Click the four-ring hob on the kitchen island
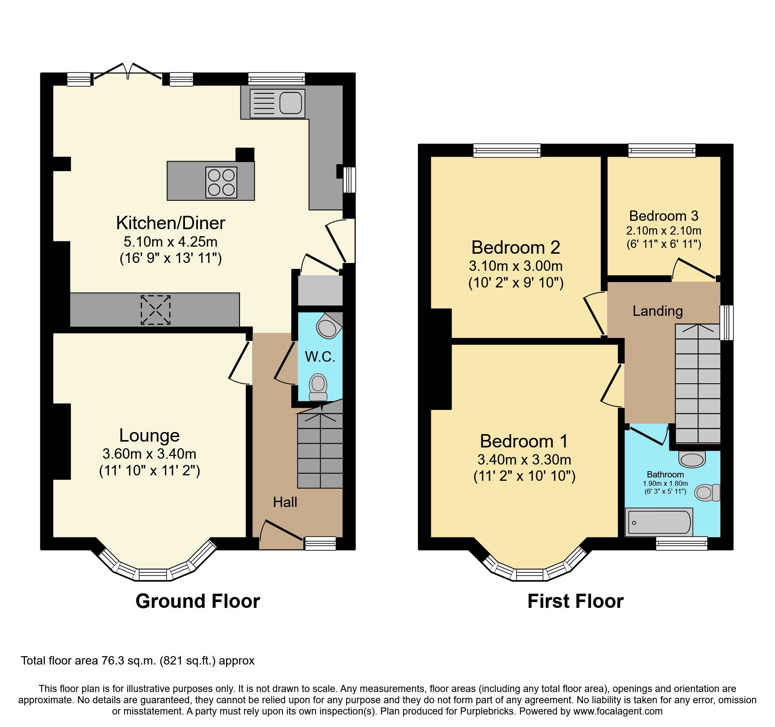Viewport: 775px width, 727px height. pos(221,182)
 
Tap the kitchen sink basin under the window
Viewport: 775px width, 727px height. pos(290,103)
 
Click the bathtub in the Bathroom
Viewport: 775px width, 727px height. pos(659,522)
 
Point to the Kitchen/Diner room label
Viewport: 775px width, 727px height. pos(170,223)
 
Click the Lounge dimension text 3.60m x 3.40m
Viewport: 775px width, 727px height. pos(149,454)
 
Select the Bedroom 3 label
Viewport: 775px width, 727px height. pos(663,216)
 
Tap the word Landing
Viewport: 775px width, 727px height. pos(657,311)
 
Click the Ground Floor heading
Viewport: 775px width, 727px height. pos(197,601)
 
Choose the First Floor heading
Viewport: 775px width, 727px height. pos(575,601)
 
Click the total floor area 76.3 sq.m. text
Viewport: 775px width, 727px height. pos(137,661)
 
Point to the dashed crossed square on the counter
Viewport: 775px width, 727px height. pos(155,310)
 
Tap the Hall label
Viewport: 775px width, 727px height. pos(285,502)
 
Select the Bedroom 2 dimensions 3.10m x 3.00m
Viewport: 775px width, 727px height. pos(515,266)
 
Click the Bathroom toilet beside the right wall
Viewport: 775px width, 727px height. pos(707,492)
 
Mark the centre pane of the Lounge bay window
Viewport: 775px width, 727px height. pos(152,575)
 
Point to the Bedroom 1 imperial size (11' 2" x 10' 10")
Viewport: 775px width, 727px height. pos(524,476)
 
